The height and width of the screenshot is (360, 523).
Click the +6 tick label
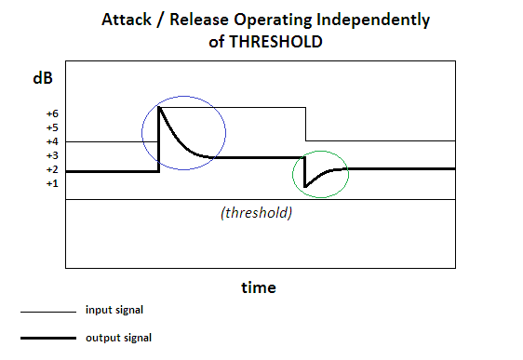(x=52, y=114)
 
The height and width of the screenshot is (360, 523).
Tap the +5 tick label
(x=52, y=128)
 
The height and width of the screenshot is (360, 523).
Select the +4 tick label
(x=52, y=142)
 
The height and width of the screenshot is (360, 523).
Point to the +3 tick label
(x=52, y=156)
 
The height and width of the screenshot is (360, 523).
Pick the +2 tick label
(x=52, y=170)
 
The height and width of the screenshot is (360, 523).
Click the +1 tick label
(x=52, y=184)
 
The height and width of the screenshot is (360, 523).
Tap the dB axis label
(x=43, y=78)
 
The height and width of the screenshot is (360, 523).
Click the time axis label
(x=259, y=287)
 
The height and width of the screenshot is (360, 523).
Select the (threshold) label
(x=256, y=213)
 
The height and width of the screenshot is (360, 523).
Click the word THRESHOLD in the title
(x=275, y=42)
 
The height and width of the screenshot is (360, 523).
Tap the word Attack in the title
(x=127, y=20)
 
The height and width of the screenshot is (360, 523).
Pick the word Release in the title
(x=199, y=20)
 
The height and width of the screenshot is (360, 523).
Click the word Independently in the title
(x=373, y=20)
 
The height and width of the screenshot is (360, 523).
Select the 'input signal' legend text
(x=114, y=310)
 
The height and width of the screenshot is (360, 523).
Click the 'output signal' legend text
(x=118, y=338)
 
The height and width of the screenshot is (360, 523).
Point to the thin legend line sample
(x=48, y=312)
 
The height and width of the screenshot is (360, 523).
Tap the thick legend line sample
(x=48, y=338)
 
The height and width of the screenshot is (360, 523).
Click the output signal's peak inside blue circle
(x=159, y=107)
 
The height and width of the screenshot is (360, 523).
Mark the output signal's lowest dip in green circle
(x=305, y=187)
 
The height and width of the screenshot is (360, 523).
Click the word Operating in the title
(x=273, y=20)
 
